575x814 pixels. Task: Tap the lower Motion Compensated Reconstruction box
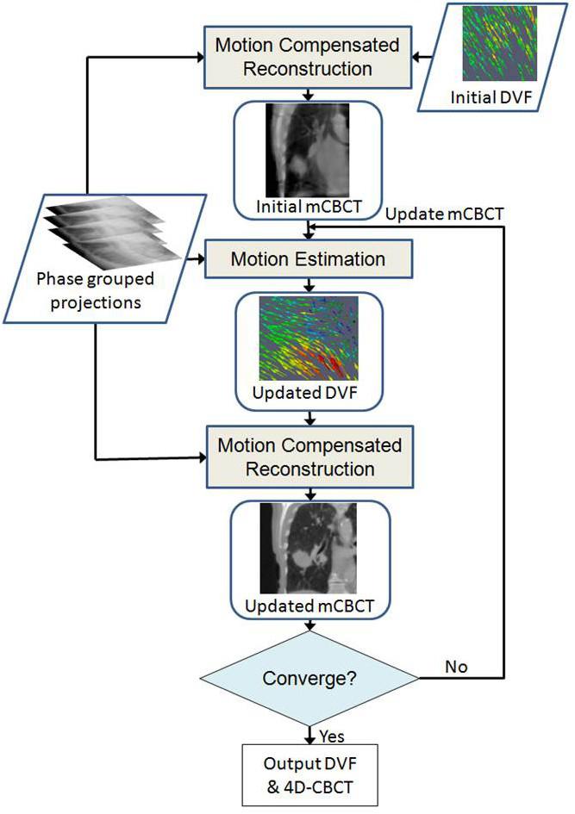pyautogui.click(x=309, y=457)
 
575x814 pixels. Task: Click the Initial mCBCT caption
pyautogui.click(x=308, y=206)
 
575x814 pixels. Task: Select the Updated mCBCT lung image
pyautogui.click(x=308, y=548)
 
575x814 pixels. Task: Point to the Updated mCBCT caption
pyautogui.click(x=309, y=606)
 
